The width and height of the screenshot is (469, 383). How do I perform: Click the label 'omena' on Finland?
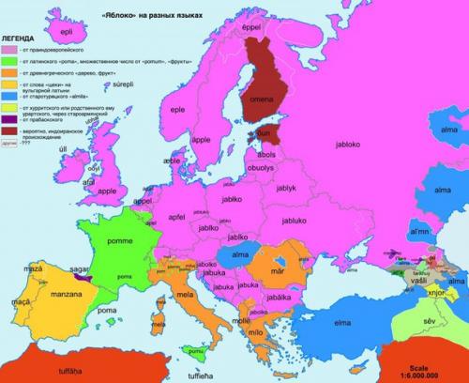tap(259, 103)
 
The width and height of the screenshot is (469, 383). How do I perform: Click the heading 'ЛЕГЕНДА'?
tap(21, 39)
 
